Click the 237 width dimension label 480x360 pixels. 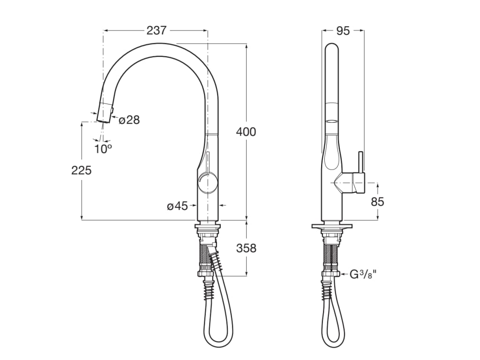[x=157, y=30]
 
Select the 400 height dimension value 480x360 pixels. [x=246, y=132]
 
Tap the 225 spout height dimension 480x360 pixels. [x=82, y=170]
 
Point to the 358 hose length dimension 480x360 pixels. [x=246, y=248]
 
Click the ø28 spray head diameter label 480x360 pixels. [x=129, y=120]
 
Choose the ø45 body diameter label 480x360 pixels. [x=177, y=206]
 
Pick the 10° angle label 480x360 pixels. [x=103, y=149]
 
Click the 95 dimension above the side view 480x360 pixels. [x=343, y=30]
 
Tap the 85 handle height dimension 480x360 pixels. [x=377, y=202]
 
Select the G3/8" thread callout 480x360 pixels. [x=363, y=274]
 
